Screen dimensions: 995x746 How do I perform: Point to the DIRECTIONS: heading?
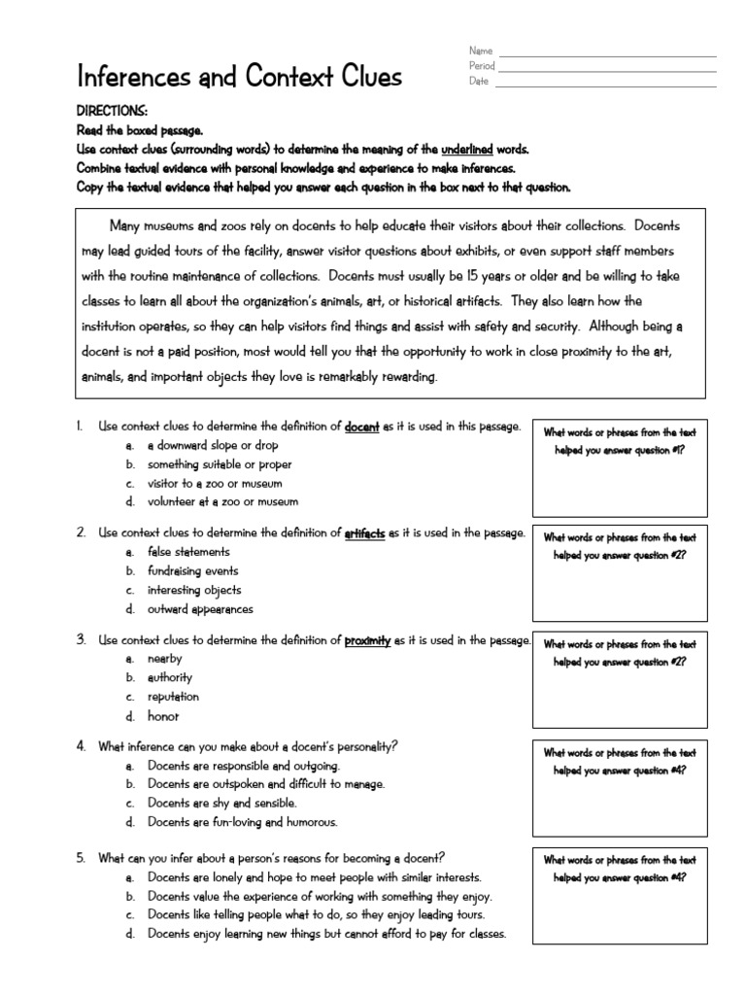[112, 112]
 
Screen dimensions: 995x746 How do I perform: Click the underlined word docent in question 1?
[362, 427]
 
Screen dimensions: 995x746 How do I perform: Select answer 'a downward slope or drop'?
[212, 445]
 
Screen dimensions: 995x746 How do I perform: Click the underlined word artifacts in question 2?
[365, 533]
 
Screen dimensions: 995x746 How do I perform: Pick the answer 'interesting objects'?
[194, 590]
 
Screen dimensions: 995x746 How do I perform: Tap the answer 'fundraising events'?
[192, 571]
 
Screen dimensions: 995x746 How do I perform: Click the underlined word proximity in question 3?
[367, 640]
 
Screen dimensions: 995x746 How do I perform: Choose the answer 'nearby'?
[164, 659]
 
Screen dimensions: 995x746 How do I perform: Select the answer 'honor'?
[163, 716]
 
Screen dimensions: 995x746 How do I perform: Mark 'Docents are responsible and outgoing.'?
[244, 766]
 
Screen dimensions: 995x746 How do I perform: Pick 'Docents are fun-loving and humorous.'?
[243, 822]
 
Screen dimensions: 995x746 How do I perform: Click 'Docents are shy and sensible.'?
[222, 804]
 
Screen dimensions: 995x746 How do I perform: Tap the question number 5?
[81, 857]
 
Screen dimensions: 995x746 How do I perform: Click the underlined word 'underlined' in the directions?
[467, 150]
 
